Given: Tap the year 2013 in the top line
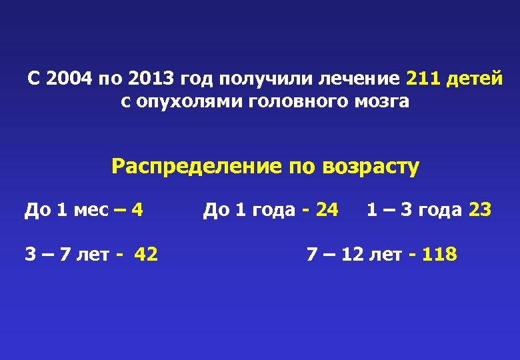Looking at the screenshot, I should pos(150,79).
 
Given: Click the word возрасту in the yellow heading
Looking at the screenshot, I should pos(370,166).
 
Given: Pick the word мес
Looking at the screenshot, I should pos(91,210).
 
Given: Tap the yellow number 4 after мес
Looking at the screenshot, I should pos(137,210).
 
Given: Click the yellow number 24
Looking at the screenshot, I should pos(327,210).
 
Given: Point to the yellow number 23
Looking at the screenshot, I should pos(480,210).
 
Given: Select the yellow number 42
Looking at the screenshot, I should pos(146,254).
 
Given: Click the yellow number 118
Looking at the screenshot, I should pos(439,254).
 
